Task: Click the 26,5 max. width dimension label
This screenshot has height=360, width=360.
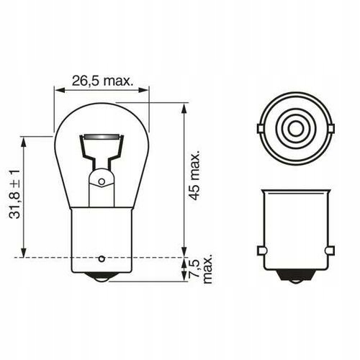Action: (x=102, y=81)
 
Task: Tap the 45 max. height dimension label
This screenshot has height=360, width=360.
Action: (x=194, y=176)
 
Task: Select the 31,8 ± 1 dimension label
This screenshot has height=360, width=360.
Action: (x=14, y=194)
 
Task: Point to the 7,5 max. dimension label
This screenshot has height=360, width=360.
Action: (x=201, y=268)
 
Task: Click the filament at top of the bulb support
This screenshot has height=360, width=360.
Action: (x=102, y=137)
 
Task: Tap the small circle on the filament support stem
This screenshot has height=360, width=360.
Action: (x=102, y=181)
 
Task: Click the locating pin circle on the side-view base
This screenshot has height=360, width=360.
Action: (x=102, y=259)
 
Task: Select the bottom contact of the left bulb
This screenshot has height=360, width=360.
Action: (x=102, y=277)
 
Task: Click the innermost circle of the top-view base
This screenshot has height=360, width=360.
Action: (x=295, y=129)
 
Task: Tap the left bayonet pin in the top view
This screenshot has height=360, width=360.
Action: (x=261, y=129)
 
